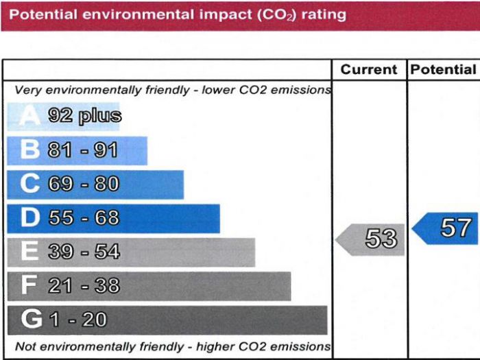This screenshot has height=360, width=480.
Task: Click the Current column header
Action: (369, 70)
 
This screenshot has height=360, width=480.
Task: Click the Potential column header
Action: (443, 70)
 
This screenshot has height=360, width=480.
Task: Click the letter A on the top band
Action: (29, 116)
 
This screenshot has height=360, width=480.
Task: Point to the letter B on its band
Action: (30, 150)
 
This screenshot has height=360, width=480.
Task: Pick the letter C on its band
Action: (30, 184)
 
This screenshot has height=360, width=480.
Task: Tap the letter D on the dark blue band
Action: (30, 218)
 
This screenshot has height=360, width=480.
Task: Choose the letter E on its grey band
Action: (29, 252)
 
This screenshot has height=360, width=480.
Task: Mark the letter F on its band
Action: (29, 286)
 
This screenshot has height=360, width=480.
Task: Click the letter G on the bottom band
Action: (31, 320)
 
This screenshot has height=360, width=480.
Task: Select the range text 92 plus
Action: (84, 116)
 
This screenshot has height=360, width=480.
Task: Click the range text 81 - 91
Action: (83, 150)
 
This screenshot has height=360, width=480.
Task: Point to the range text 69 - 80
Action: (84, 184)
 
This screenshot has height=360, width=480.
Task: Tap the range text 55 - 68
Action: (84, 218)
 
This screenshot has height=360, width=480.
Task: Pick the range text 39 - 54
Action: (84, 252)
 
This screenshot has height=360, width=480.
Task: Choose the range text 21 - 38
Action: (84, 286)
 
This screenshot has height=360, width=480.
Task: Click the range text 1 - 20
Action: (77, 320)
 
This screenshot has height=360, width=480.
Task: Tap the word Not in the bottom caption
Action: (25, 346)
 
